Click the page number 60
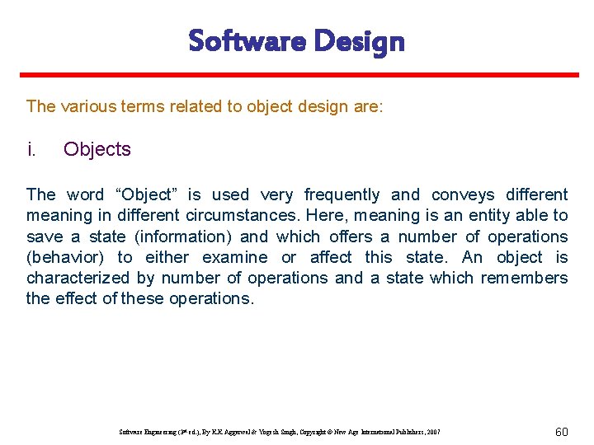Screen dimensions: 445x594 pos(561,432)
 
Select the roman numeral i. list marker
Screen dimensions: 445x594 pos(31,149)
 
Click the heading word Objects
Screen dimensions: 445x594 pos(97,149)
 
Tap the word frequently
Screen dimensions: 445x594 pos(342,194)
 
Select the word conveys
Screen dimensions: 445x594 pos(462,194)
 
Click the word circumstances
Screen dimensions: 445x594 pos(243,216)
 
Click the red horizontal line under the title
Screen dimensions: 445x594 pos(297,75)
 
